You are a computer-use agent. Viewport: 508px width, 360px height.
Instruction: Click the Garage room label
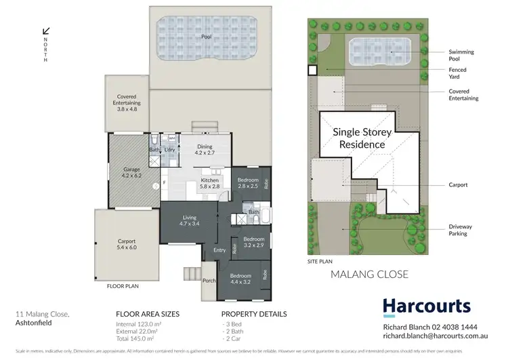tap(131, 172)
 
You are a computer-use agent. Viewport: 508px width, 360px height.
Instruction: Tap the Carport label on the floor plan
tap(127, 244)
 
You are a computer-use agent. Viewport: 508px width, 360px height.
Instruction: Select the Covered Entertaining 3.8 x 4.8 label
tap(127, 102)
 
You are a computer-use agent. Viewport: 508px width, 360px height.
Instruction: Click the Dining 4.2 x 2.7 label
tap(205, 150)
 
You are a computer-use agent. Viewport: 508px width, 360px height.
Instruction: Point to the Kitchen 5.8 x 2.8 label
tap(210, 184)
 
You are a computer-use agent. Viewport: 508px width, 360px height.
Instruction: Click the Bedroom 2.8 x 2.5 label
tap(247, 182)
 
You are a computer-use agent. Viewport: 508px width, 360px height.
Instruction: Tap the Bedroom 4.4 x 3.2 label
tap(241, 279)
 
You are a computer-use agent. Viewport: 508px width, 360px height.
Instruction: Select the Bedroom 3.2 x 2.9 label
tap(253, 242)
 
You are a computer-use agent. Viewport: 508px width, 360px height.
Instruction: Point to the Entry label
tap(219, 250)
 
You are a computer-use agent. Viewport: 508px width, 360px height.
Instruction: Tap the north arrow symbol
tap(46, 31)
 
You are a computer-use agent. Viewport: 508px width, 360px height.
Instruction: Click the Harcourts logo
tap(426, 307)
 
